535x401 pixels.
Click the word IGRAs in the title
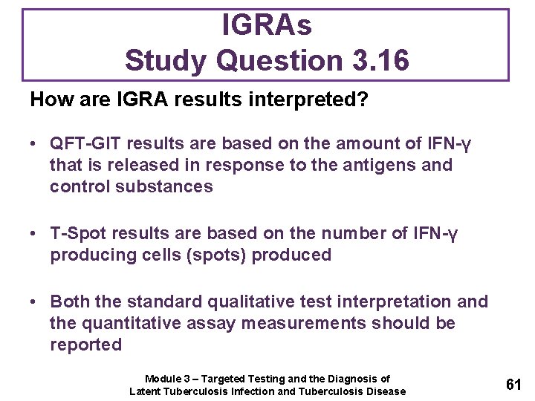[x=267, y=26]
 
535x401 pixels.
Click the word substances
[x=164, y=186]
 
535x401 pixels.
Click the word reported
[x=85, y=345]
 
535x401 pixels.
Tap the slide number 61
[x=513, y=385]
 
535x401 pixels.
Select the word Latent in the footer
[x=146, y=391]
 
